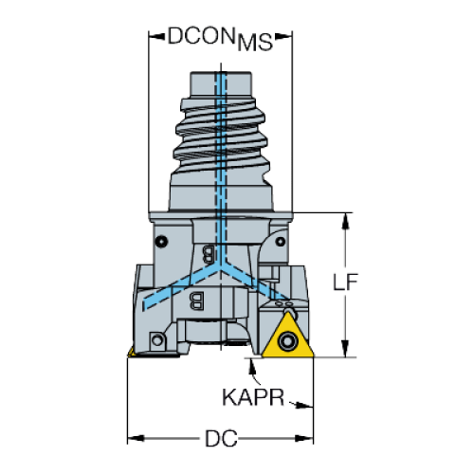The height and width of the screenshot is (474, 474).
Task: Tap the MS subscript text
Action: pos(255,43)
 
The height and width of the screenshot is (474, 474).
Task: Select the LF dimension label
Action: pos(345,282)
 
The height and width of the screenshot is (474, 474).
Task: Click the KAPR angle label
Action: pos(253,397)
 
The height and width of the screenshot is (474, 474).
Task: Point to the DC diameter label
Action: pos(221,438)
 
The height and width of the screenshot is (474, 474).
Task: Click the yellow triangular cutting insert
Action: pos(287,337)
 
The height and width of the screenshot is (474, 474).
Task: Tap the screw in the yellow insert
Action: pos(287,341)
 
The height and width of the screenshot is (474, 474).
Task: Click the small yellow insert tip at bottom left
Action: pos(131,353)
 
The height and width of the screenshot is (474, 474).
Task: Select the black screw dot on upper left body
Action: pos(162,242)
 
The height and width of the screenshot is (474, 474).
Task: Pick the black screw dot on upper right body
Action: pos(280,242)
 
